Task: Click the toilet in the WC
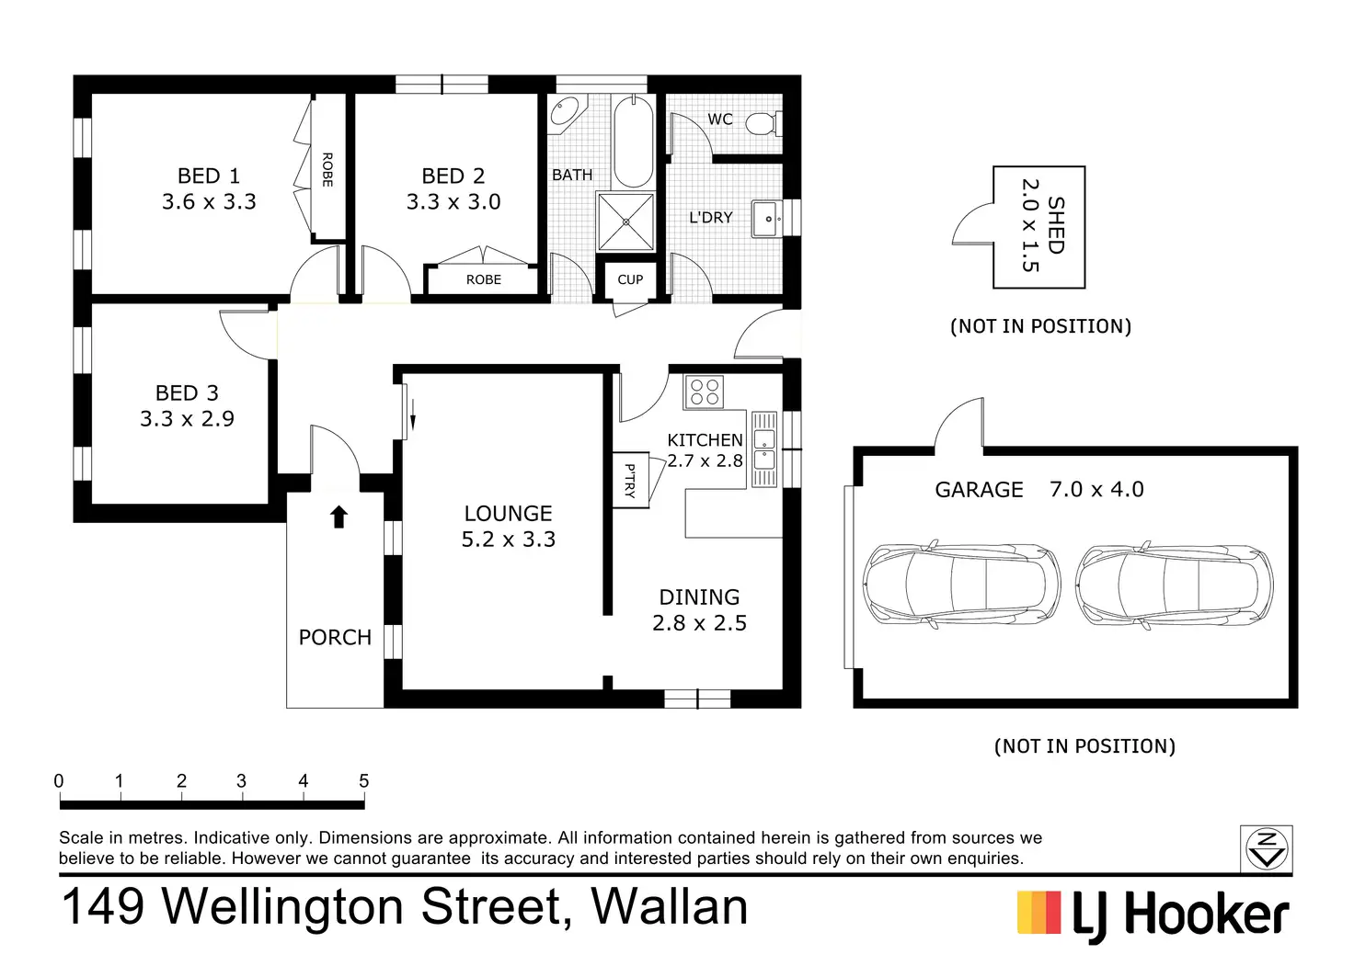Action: [764, 124]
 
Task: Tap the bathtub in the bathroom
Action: [633, 142]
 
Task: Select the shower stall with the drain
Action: [625, 222]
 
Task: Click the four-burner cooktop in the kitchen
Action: [705, 392]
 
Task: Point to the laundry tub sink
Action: [768, 218]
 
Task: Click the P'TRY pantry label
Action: [630, 481]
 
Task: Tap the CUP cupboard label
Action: [630, 279]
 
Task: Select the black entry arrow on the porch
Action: [338, 517]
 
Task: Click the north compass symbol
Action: [1267, 848]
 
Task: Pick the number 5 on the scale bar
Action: [363, 780]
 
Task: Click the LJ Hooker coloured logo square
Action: [1039, 913]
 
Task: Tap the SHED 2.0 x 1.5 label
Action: [1042, 225]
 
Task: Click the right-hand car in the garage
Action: [1175, 585]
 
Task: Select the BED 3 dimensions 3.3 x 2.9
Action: [187, 418]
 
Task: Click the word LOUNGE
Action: [508, 514]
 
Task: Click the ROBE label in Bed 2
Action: [484, 279]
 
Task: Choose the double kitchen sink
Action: [764, 449]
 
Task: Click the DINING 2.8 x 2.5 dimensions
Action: [699, 623]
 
